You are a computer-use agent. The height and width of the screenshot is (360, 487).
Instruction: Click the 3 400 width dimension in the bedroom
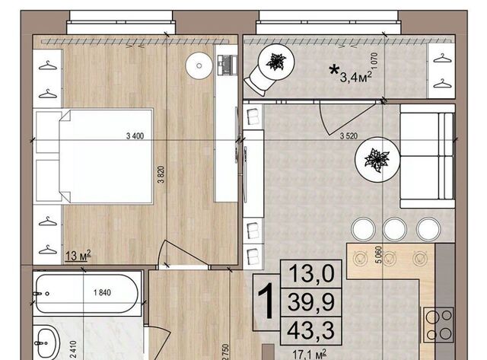coord(135,135)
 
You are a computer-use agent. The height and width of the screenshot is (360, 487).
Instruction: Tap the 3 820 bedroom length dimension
coord(161,174)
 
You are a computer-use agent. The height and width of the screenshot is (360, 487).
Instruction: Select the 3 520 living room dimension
coord(349,135)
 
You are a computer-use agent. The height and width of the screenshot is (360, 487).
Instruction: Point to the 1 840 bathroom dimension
coord(102,292)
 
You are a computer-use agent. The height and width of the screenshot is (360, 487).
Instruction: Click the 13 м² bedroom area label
coord(78,256)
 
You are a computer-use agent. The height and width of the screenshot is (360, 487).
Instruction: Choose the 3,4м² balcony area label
coord(356,76)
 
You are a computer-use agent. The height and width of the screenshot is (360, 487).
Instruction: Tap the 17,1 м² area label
coord(310,355)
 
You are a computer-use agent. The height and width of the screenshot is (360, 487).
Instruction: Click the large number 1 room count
coord(266,301)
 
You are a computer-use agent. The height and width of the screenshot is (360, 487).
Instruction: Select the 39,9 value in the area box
coord(311,302)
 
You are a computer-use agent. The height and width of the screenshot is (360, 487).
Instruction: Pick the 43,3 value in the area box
coord(311,330)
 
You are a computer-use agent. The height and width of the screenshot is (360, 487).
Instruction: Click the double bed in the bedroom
coord(94,156)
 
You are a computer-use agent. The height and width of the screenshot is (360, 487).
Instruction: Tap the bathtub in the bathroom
coord(86,293)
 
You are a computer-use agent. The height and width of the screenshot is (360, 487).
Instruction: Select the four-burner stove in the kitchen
coord(438,325)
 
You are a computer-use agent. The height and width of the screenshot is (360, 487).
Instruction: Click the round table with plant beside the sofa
coord(377,160)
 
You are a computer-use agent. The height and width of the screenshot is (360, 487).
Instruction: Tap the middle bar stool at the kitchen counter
coord(395,229)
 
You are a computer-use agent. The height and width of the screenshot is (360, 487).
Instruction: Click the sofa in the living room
coord(428,156)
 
